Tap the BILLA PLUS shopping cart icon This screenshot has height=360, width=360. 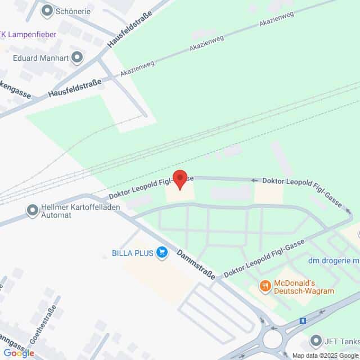pos(163,253)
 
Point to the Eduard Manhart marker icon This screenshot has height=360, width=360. pos(77,57)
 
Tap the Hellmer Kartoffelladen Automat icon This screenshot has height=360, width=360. pos(32,211)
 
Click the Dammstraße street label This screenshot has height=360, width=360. pos(196,263)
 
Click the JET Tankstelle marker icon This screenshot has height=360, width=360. pos(315,340)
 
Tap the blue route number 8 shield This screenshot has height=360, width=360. pos(304,321)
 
